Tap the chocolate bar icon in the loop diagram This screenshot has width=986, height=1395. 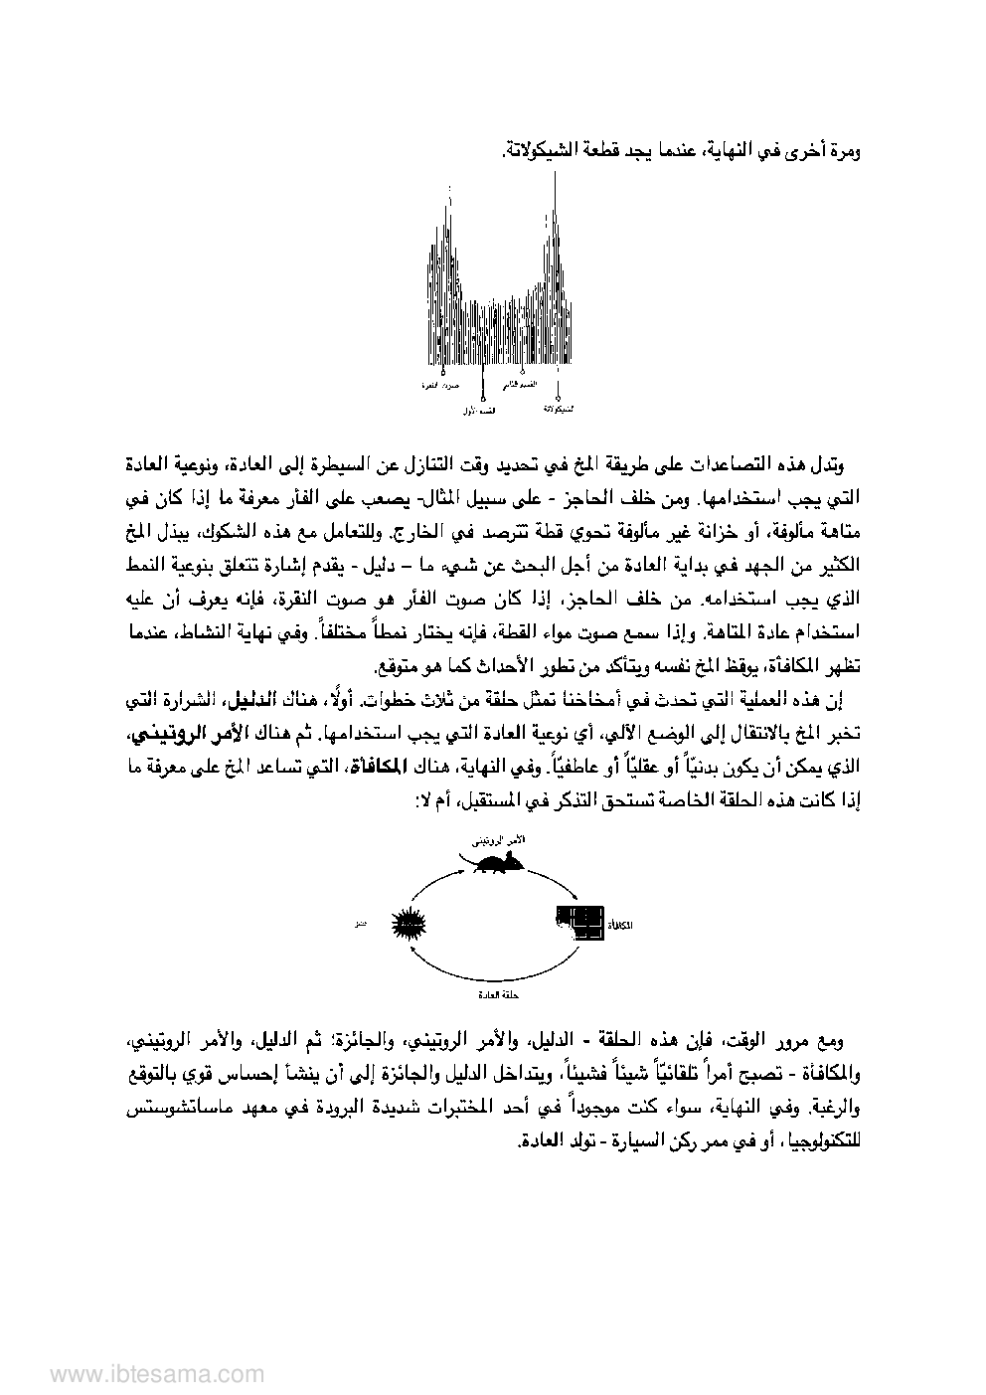click(x=578, y=922)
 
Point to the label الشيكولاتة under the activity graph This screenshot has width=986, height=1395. click(x=561, y=409)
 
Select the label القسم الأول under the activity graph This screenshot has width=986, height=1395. click(x=483, y=409)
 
